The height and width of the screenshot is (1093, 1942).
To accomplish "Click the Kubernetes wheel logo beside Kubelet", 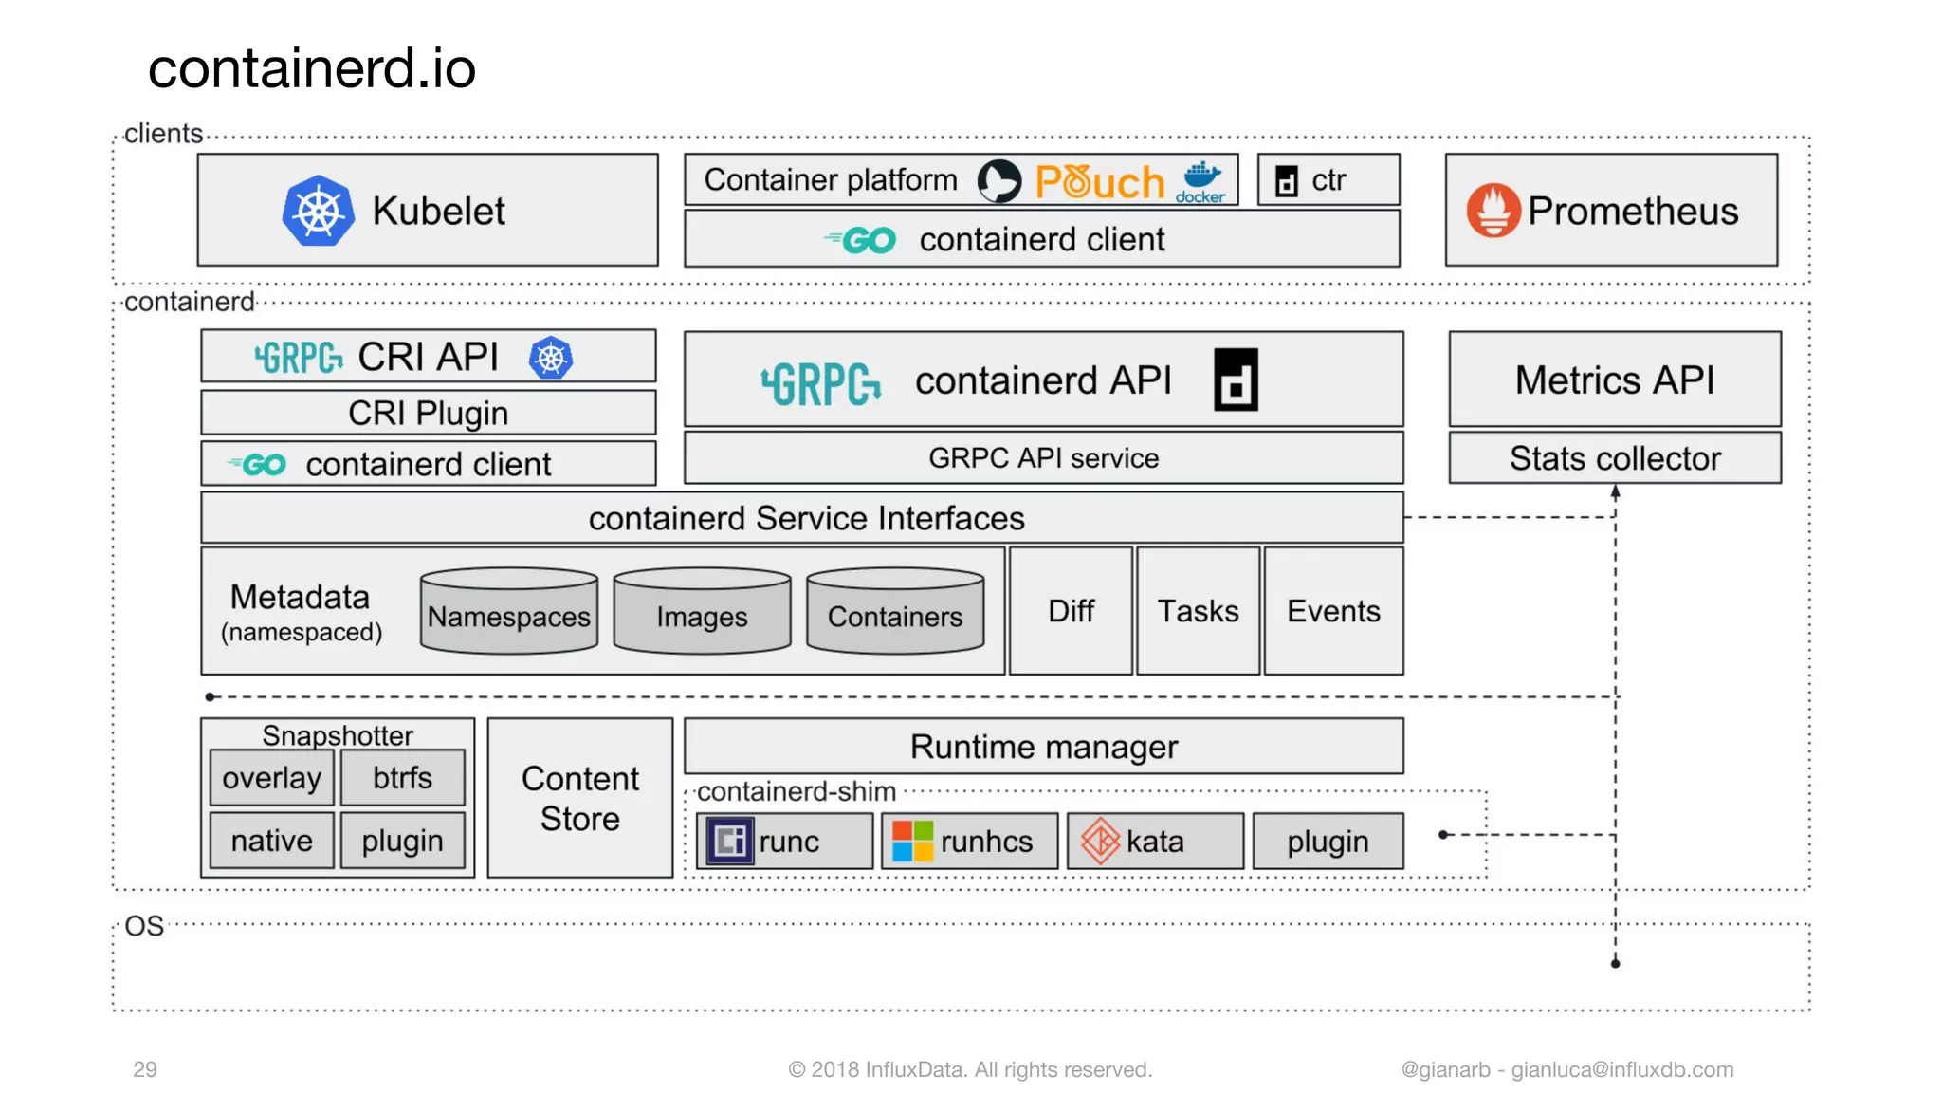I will (319, 211).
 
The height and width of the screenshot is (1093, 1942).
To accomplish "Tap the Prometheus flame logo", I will (1493, 210).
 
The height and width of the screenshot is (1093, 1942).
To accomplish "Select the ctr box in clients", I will (1328, 179).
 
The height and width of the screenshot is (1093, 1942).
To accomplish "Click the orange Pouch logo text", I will (1100, 181).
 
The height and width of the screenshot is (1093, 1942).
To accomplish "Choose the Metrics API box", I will (1614, 380).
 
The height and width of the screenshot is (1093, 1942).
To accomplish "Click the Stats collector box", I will (1614, 458).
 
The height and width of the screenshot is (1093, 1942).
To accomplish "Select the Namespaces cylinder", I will (508, 612).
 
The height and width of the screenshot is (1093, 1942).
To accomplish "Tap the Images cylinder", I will (702, 612).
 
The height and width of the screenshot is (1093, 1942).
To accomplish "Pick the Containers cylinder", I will (895, 612).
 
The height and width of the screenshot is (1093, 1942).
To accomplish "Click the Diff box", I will (1071, 611).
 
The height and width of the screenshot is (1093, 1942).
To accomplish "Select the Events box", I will (1333, 611).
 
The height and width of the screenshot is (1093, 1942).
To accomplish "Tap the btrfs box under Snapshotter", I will (402, 778).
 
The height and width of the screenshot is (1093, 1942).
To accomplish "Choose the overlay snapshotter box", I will (271, 778).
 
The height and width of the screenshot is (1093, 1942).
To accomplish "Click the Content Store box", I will (580, 798).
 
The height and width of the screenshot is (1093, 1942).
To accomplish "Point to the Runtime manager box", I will (1043, 747).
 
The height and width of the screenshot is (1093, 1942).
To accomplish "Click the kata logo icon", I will (1100, 841).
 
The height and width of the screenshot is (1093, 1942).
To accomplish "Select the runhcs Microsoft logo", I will (913, 841).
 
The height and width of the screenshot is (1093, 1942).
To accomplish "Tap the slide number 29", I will (145, 1069).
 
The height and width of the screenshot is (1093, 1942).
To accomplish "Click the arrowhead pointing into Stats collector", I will (1615, 492).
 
